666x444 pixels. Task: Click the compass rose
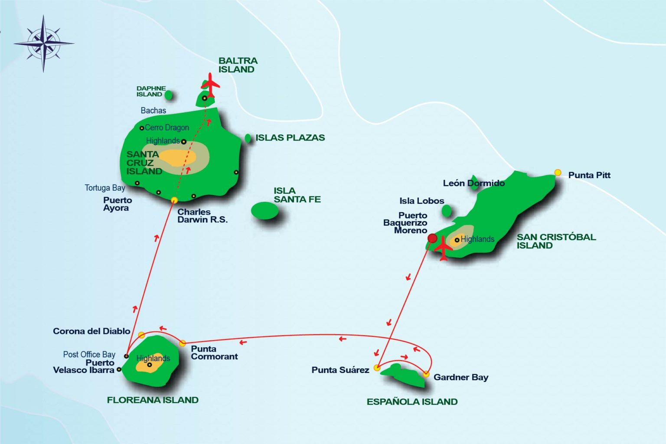pos(43,43)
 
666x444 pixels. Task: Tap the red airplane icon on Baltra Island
pos(210,85)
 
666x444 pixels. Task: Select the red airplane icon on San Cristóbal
pos(443,248)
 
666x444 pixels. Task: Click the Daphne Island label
pos(151,91)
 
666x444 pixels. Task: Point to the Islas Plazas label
pos(290,138)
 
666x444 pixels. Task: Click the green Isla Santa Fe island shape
pos(264,211)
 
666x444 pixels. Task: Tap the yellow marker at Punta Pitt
pos(558,173)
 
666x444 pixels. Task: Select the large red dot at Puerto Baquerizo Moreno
pos(432,238)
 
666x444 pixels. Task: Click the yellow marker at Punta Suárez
pos(377,368)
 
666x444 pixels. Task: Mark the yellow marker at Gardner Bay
pos(426,374)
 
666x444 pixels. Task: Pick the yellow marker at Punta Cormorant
pos(183,343)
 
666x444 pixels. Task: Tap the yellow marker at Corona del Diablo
pos(141,335)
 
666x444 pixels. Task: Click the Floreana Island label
pos(153,400)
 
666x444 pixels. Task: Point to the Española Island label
pos(412,402)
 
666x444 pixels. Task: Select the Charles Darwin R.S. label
pos(202,216)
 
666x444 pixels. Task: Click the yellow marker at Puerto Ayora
pos(175,200)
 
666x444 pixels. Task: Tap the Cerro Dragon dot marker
pos(142,128)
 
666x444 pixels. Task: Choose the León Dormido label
pos(474,183)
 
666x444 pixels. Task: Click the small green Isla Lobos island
pos(446,211)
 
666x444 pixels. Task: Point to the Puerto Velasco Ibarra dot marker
pos(119,369)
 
